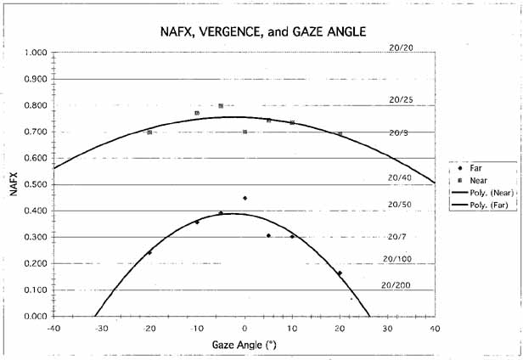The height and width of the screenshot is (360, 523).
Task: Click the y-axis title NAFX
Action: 14,184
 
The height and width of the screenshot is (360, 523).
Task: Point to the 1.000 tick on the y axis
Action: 35,53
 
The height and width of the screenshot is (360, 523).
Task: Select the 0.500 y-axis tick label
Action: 35,184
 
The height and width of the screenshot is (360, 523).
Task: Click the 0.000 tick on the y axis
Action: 35,316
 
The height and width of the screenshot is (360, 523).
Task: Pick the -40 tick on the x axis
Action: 53,329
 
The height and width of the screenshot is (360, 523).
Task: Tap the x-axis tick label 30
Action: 387,329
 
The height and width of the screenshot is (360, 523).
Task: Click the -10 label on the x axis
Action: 196,329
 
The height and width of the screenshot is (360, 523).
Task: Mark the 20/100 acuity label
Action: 397,258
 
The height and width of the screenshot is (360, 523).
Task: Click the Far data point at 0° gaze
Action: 245,198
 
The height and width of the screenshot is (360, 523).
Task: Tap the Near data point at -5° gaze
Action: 221,106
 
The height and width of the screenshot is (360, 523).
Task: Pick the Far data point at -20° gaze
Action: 149,252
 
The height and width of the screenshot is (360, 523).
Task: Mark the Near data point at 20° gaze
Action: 340,134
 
